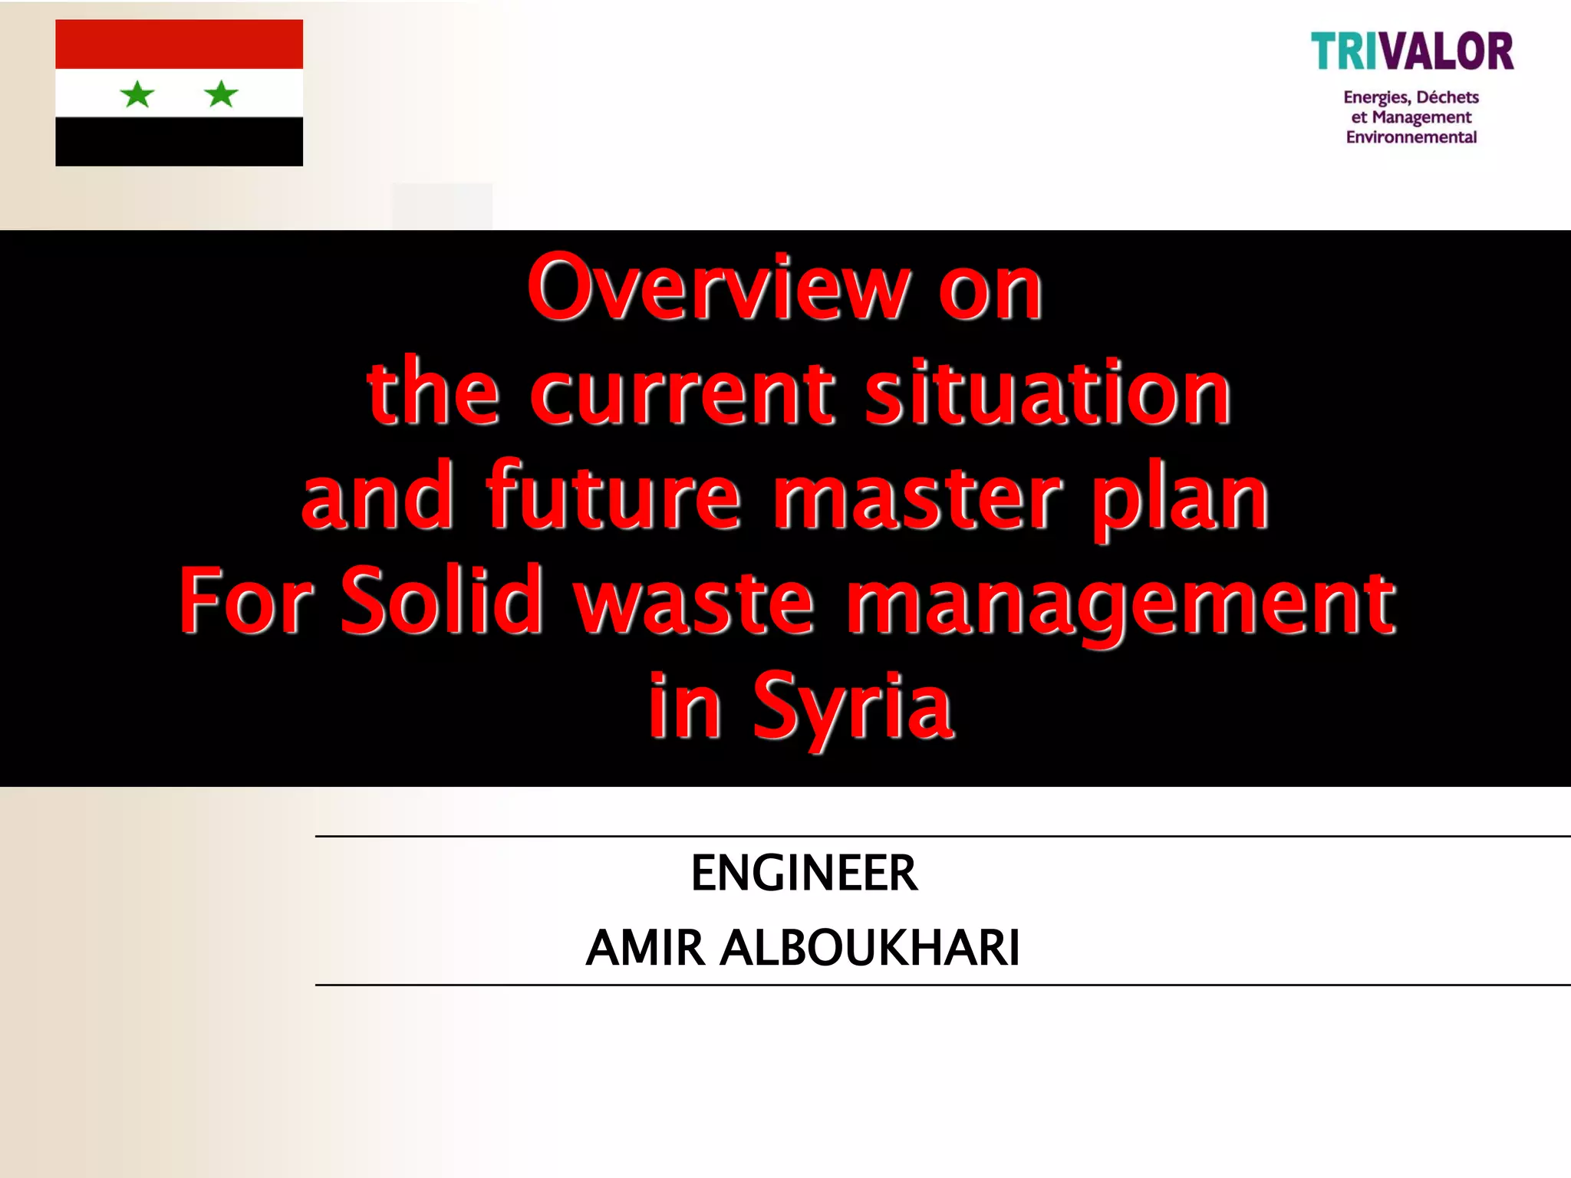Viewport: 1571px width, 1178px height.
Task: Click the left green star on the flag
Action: pos(138,94)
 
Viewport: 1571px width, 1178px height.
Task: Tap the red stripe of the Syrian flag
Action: pos(179,44)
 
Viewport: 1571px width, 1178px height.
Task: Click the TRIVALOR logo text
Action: pos(1411,52)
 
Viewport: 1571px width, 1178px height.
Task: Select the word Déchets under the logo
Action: pos(1447,97)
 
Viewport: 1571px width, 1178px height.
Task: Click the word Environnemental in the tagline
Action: pos(1411,137)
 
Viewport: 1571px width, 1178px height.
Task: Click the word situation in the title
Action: pos(1048,393)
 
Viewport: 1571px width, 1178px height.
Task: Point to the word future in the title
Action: pos(614,497)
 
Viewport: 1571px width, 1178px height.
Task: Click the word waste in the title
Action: pos(694,601)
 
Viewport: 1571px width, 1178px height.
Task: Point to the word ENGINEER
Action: pos(804,873)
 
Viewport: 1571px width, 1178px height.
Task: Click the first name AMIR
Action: pos(645,948)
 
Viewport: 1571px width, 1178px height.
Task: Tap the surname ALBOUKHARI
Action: pos(870,948)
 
